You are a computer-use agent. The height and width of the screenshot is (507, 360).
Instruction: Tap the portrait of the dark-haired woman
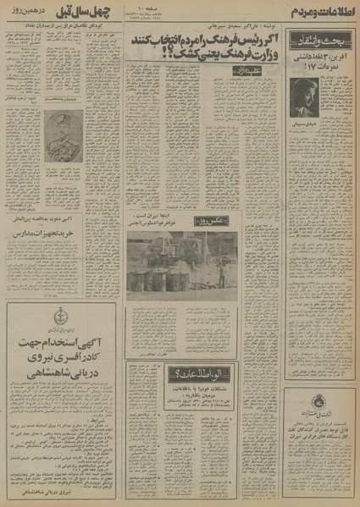click(x=304, y=96)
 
